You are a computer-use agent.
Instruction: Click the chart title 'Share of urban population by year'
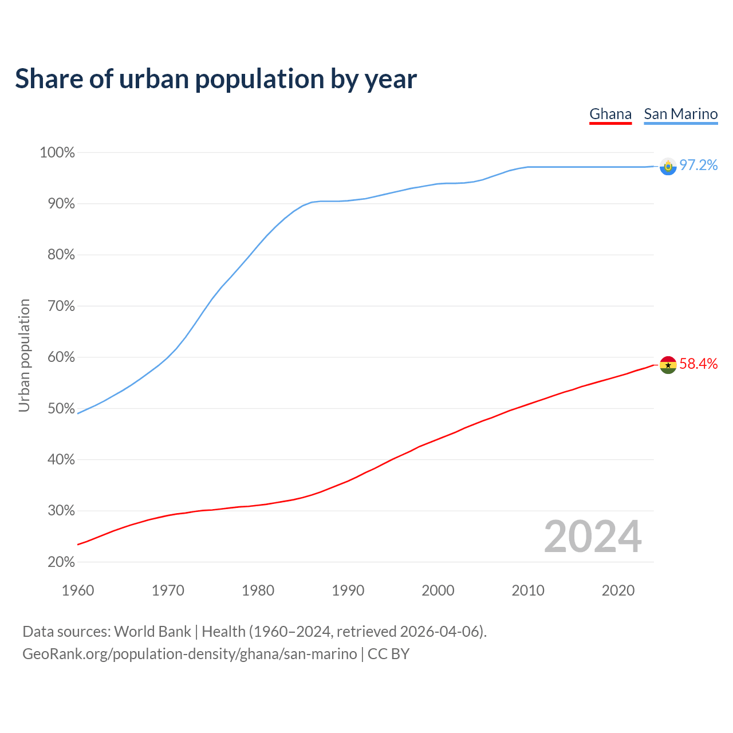pos(216,79)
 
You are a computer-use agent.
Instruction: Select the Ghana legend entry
pos(610,114)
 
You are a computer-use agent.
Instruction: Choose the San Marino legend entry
pos(680,114)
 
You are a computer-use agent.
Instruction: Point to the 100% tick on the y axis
pos(57,153)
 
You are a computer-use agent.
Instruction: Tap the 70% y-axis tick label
pos(61,306)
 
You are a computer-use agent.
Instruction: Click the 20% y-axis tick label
pos(61,562)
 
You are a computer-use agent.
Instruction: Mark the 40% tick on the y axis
pos(61,460)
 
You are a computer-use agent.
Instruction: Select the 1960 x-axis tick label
pos(78,590)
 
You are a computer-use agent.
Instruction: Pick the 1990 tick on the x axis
pos(348,590)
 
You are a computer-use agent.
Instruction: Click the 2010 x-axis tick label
pos(528,590)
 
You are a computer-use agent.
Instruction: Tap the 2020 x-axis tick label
pos(618,590)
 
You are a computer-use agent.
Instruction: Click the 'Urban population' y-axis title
pos(25,356)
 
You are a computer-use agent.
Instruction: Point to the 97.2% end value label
pos(698,165)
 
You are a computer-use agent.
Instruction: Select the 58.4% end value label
pos(698,364)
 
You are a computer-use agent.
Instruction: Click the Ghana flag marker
pos(668,365)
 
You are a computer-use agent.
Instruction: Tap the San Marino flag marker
pos(668,166)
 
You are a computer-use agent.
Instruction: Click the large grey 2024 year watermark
pos(593,537)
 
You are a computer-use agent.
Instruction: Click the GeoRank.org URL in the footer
pos(190,654)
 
